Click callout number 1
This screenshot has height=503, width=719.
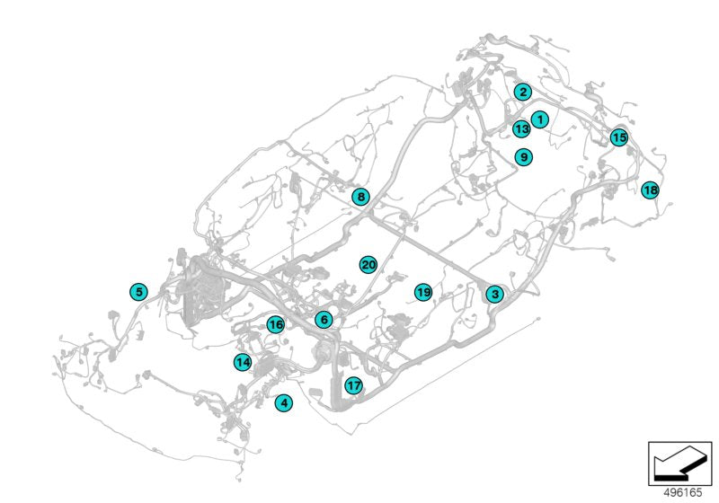(540, 119)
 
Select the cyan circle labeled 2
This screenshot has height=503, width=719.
(523, 93)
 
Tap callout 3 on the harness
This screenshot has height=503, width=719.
(495, 294)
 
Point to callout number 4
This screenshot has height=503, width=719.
(284, 403)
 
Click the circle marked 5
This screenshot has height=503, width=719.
(138, 292)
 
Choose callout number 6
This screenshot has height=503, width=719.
(324, 319)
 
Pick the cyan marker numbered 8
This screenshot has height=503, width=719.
(361, 197)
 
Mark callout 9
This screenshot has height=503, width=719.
(524, 157)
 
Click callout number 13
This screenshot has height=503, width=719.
(521, 128)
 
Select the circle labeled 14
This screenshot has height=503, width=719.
(243, 362)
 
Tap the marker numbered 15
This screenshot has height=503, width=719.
(619, 137)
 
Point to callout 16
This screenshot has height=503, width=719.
(276, 325)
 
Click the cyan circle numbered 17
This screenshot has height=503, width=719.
(353, 385)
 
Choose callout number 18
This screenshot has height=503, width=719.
(650, 190)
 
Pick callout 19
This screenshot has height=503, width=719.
(422, 292)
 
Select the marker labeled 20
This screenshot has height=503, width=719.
(368, 265)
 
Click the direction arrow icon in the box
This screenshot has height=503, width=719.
(680, 463)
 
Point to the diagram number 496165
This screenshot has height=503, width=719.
(683, 492)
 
